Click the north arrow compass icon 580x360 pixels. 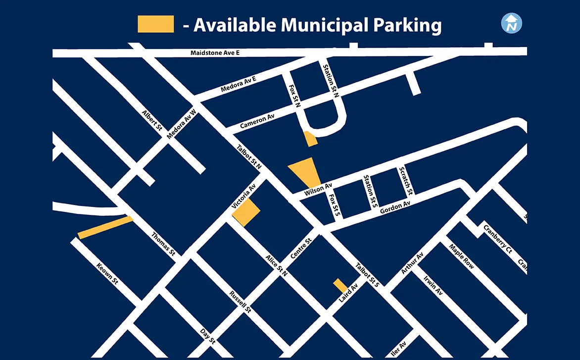click(x=512, y=23)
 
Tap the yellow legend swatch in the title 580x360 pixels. click(x=155, y=24)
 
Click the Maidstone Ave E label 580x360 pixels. click(x=215, y=53)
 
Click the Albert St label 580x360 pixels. click(x=152, y=120)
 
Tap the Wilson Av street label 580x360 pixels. click(x=318, y=189)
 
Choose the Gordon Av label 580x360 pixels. click(x=395, y=207)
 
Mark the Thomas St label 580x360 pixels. click(x=163, y=244)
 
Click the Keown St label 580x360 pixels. click(x=107, y=274)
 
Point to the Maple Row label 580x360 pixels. click(x=461, y=256)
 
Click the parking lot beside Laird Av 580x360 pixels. click(x=340, y=286)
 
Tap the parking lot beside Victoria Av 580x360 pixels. click(x=246, y=213)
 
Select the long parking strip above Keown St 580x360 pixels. click(x=105, y=227)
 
